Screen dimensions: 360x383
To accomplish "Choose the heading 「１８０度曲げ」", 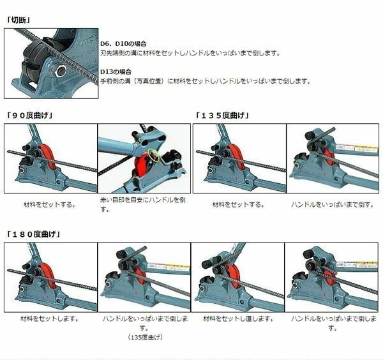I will coord(33,234).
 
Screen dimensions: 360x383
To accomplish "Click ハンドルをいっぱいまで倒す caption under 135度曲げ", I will coord(333,204).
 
